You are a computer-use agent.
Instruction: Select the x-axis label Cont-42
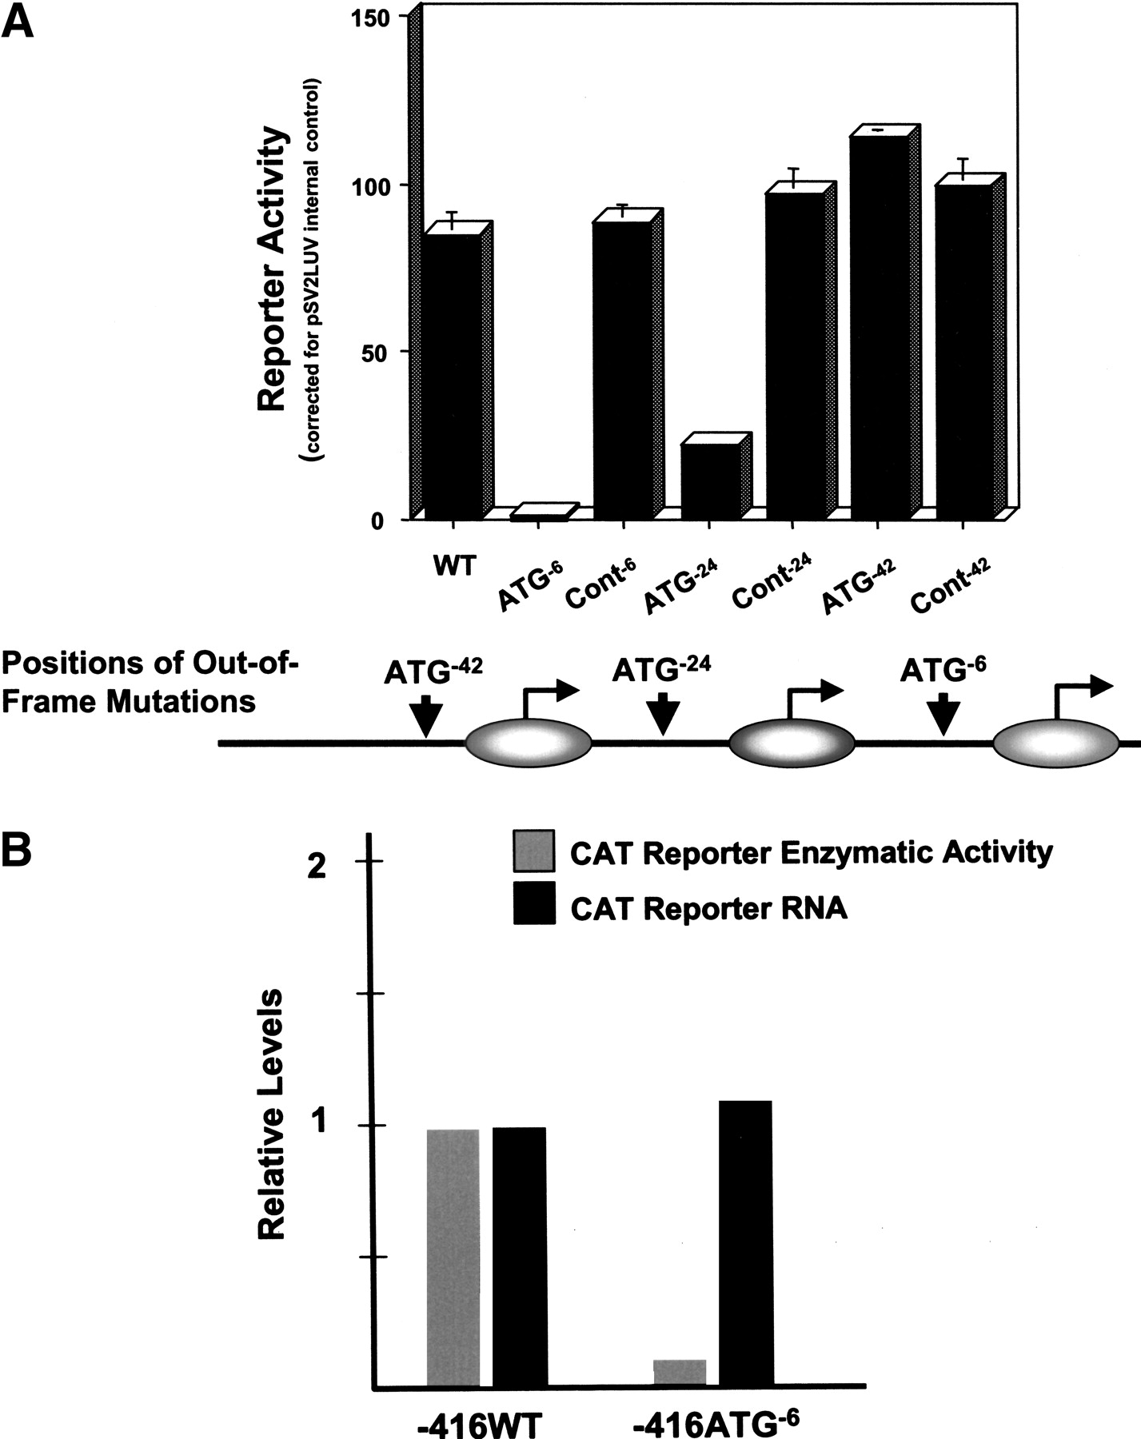(951, 585)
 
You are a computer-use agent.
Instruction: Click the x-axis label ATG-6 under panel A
(532, 587)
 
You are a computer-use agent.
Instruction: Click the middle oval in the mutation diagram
(792, 743)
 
